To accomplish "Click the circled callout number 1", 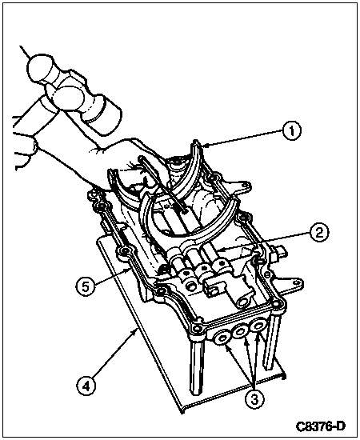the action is pyautogui.click(x=292, y=131).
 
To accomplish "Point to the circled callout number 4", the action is pyautogui.click(x=86, y=387).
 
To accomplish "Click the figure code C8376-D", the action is pyautogui.click(x=320, y=426).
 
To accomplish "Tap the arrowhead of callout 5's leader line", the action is pyautogui.click(x=129, y=270).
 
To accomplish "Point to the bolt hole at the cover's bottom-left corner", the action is pyautogui.click(x=197, y=328).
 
